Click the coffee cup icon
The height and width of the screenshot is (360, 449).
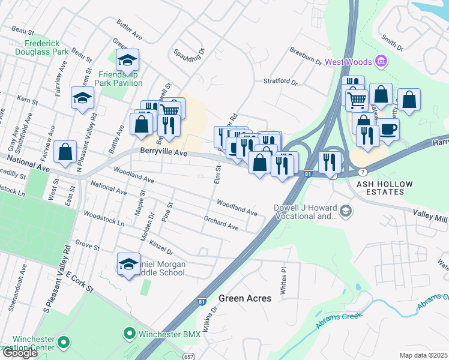coord(388,129)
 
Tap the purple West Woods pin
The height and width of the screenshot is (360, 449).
coord(379,61)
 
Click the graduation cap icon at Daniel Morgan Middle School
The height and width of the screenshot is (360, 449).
coord(128,264)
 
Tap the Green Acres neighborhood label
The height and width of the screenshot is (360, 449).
coord(244,298)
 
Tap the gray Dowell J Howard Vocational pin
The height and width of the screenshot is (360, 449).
coord(345,211)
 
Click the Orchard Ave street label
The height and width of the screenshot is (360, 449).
coord(221,223)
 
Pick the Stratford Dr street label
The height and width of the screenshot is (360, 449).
coord(280,81)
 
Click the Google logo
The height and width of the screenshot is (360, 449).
coord(20,353)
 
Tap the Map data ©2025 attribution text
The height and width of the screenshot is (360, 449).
coord(424,355)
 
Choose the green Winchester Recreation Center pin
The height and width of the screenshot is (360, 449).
coord(63,343)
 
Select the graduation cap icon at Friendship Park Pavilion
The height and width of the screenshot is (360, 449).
coord(127,60)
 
